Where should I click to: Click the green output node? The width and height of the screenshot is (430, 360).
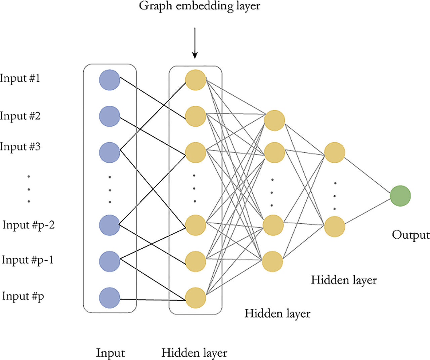400,196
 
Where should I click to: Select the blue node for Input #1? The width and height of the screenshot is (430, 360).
110,80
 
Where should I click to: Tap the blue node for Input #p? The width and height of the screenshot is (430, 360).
110,298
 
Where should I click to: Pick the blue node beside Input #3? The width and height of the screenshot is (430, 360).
110,152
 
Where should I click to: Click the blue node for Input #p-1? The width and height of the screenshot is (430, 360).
110,261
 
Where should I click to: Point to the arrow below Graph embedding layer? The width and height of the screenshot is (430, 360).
195,44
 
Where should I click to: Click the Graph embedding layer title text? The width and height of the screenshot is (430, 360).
200,6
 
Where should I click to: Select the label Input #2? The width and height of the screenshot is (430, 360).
20,116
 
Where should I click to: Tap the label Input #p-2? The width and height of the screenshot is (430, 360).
29,225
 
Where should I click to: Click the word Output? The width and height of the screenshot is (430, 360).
411,235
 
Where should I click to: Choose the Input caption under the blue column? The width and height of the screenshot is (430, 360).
110,353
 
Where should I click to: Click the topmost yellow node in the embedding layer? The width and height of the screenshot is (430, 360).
196,80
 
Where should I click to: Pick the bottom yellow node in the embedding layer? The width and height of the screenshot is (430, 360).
196,298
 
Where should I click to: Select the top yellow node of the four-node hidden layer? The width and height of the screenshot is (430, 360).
274,120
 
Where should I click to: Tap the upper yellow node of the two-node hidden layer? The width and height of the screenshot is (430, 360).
335,152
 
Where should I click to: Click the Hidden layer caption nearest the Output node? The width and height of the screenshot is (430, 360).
344,280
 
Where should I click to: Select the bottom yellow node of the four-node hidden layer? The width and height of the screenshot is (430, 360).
273,261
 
